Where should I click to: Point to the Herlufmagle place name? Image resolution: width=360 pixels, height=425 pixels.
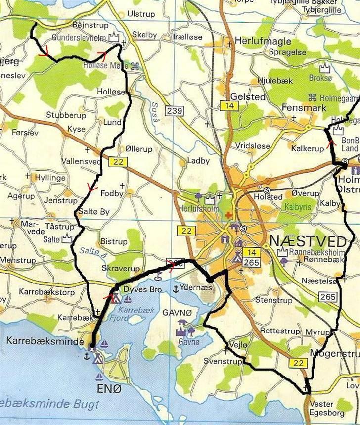click(263, 41)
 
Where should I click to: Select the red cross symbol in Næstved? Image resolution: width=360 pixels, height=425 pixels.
click(227, 215)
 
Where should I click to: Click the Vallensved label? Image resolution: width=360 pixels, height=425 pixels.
click(81, 161)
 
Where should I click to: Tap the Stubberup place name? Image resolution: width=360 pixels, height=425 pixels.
click(66, 115)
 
